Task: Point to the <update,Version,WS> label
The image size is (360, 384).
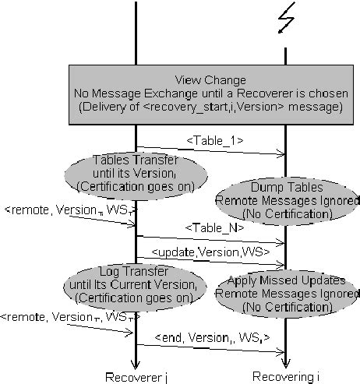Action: click(x=210, y=252)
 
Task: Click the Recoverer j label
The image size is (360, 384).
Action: click(x=136, y=378)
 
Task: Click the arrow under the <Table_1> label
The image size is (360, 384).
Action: click(x=210, y=151)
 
